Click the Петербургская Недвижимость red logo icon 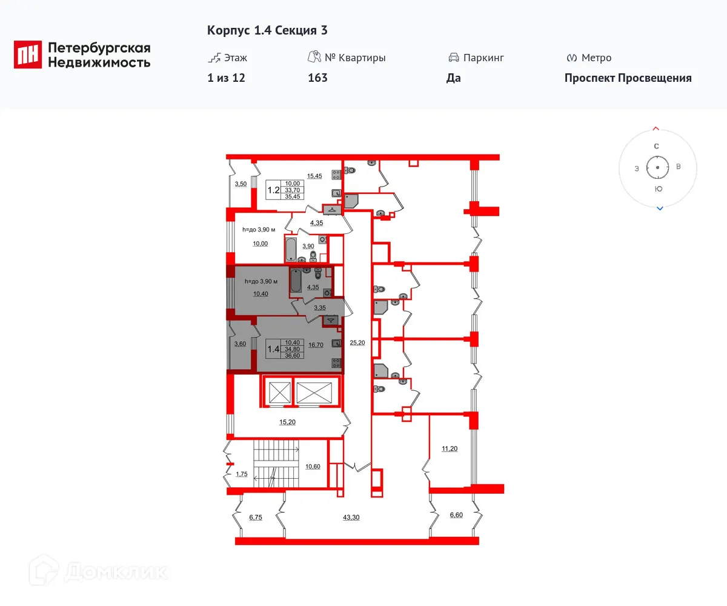[28, 55]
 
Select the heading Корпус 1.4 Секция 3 [267, 30]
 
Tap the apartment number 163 [317, 78]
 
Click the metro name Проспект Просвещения [628, 78]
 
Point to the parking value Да [453, 78]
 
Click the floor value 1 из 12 [226, 78]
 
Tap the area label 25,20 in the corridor [357, 342]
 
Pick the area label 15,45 [314, 176]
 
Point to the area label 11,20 [450, 449]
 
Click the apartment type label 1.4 [273, 348]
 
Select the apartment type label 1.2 [273, 190]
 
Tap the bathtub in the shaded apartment [296, 281]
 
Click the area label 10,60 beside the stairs [313, 466]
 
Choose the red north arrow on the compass [656, 128]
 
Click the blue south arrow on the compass [660, 208]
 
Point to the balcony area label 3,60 [240, 344]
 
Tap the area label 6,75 [256, 517]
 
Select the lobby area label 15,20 [287, 422]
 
